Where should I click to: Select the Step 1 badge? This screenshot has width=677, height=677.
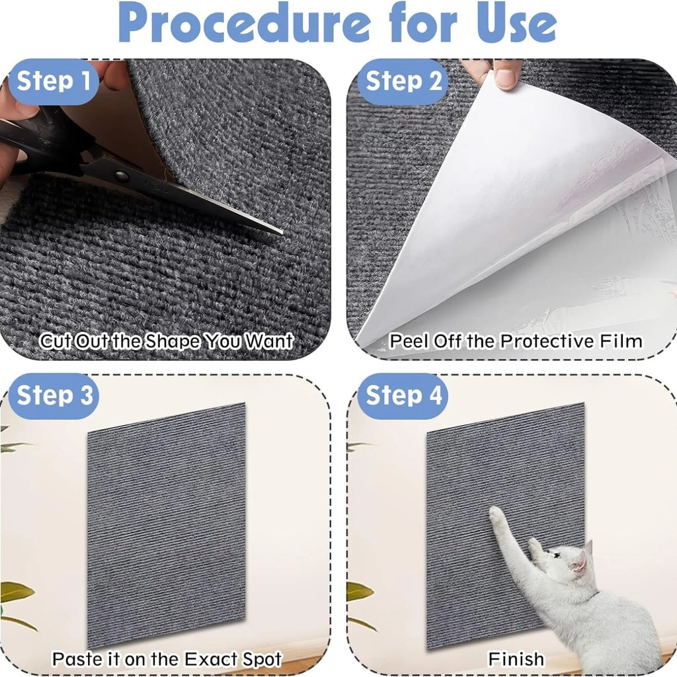54,81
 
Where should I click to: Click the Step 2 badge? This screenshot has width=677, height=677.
403,81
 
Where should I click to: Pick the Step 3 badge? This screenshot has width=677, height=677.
54,395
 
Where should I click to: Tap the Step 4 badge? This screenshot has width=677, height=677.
403,395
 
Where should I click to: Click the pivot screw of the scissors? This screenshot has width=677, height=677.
121,175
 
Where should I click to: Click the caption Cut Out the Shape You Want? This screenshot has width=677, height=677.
166,342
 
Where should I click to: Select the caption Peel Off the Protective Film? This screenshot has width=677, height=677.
515,341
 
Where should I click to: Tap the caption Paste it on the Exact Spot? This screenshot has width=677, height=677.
167,658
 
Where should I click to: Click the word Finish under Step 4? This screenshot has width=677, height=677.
516,658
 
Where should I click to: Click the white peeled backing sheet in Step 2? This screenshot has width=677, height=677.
502,198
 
